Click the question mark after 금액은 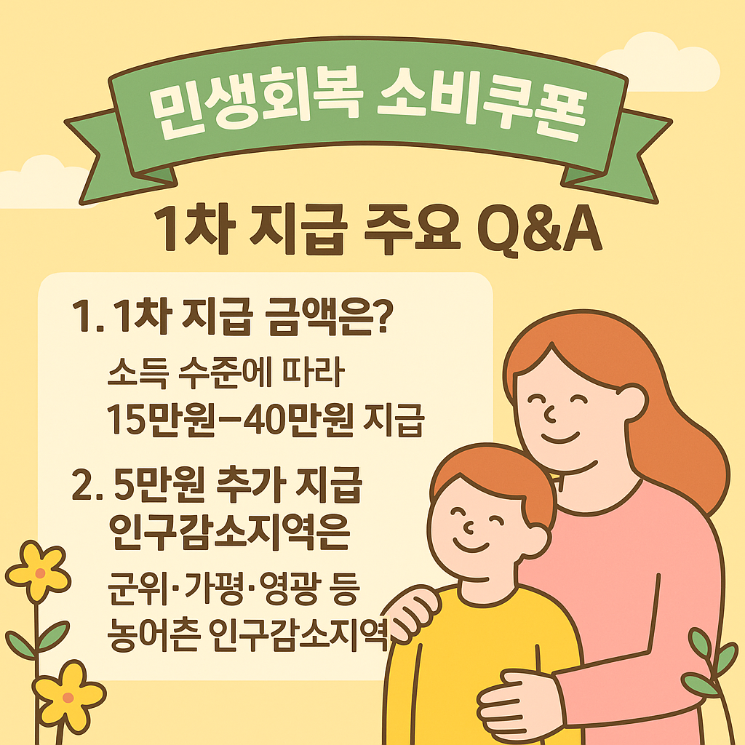383,316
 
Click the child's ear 536,541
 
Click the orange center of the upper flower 41,573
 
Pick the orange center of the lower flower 68,698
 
